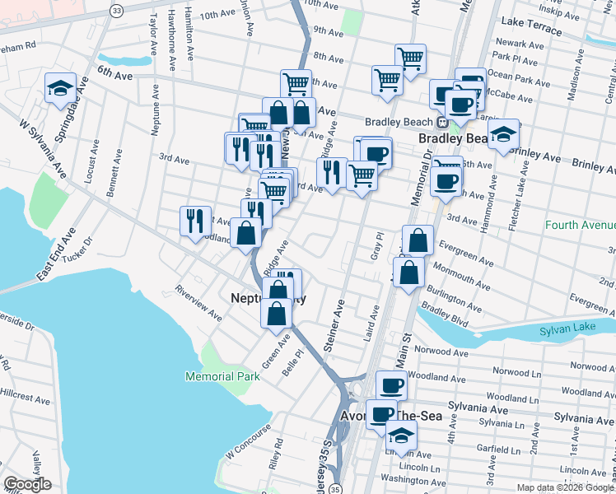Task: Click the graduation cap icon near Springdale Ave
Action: pyautogui.click(x=60, y=88)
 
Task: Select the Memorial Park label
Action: pyautogui.click(x=222, y=376)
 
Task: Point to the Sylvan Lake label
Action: pyautogui.click(x=567, y=330)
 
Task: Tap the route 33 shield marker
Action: pyautogui.click(x=116, y=10)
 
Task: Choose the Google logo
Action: pyautogui.click(x=28, y=484)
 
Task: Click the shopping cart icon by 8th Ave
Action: pyautogui.click(x=409, y=58)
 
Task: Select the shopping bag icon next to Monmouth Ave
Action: pyautogui.click(x=408, y=273)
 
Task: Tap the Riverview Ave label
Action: pyautogui.click(x=198, y=303)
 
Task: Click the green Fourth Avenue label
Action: pyautogui.click(x=580, y=224)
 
